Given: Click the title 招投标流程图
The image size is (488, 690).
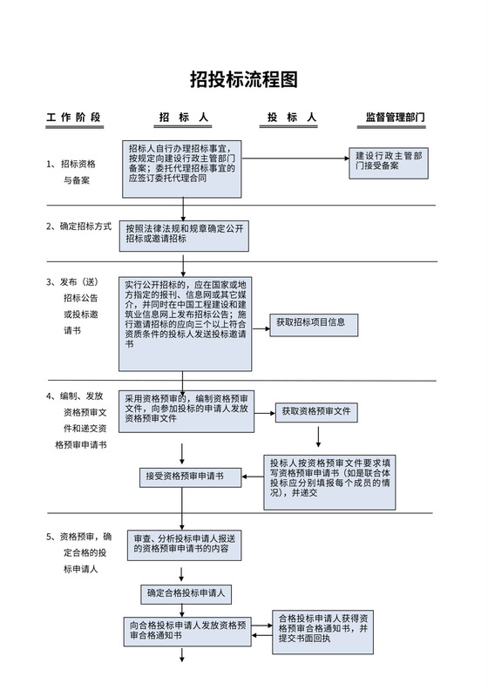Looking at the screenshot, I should (x=244, y=80).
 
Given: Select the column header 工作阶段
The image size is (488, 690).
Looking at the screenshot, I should (x=74, y=117).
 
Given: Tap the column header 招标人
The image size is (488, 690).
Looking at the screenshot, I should (x=183, y=117).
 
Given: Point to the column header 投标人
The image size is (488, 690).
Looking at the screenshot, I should (x=291, y=117).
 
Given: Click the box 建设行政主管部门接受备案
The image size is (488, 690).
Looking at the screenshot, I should (x=389, y=162).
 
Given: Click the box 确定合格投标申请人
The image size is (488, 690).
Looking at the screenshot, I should (x=186, y=593).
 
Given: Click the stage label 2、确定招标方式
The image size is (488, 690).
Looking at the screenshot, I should (x=79, y=227).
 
